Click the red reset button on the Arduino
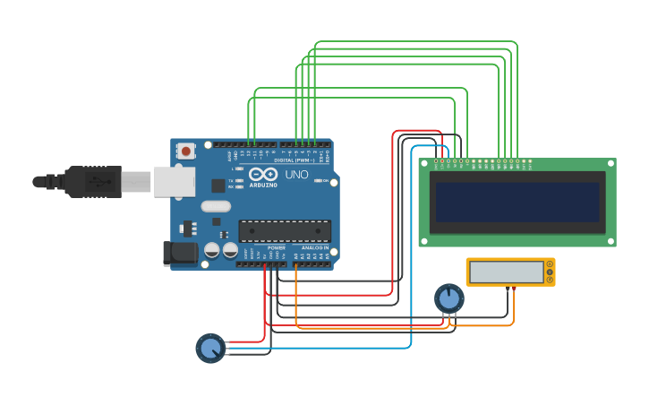point(185,151)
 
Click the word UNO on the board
point(296,174)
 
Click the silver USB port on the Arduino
point(174,181)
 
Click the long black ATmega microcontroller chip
point(284,230)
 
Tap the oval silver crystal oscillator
point(217,206)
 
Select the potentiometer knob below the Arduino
point(210,348)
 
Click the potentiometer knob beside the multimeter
point(449,298)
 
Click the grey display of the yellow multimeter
point(506,272)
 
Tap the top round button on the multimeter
point(549,265)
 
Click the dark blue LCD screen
point(517,203)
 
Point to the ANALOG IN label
point(314,247)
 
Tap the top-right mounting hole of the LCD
point(611,164)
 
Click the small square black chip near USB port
point(218,186)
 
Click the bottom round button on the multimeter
point(549,280)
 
